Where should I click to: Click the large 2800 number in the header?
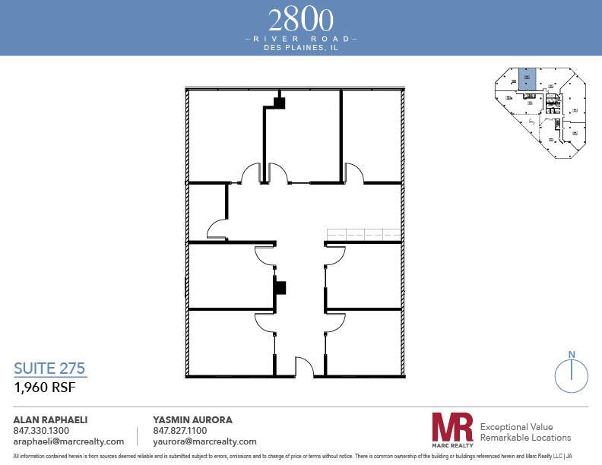click(x=301, y=19)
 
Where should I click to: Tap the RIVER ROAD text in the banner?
click(x=301, y=37)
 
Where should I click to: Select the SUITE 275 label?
click(x=50, y=369)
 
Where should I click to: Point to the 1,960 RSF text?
click(x=45, y=387)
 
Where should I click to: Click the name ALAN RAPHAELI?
click(x=51, y=419)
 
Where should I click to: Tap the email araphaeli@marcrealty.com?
click(x=68, y=441)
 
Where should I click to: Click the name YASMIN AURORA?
click(x=192, y=419)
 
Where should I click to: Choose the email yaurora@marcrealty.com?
click(x=205, y=441)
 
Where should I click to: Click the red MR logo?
click(x=451, y=428)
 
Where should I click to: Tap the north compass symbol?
click(x=570, y=374)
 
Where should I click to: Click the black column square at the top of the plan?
click(x=279, y=103)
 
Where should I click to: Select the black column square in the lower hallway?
click(x=280, y=288)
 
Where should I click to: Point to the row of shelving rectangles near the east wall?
click(x=363, y=235)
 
